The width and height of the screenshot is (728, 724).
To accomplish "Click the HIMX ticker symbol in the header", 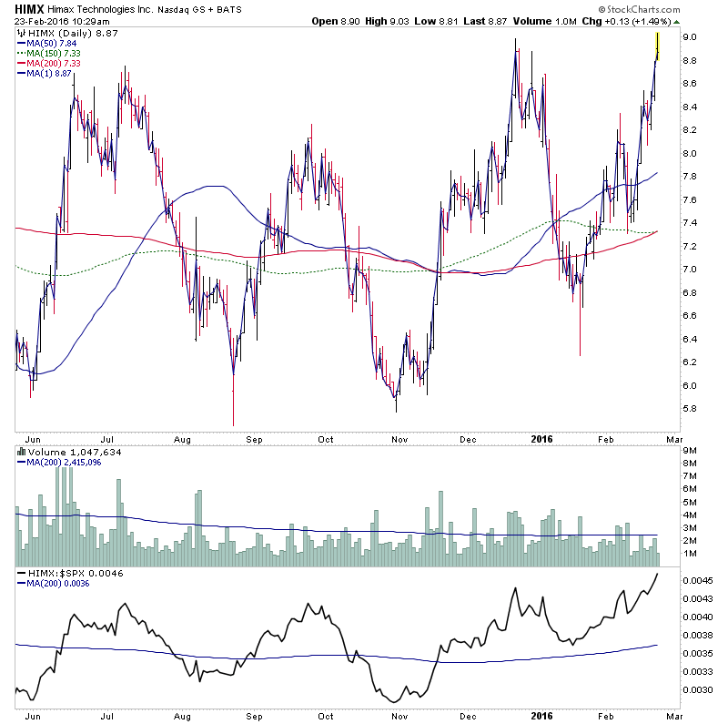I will (30, 7).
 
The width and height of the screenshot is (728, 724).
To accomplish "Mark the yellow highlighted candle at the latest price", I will (657, 46).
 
